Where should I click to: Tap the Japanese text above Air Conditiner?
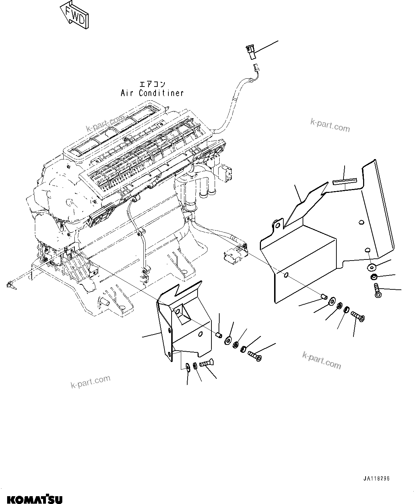(152, 84)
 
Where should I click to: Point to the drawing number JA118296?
(376, 479)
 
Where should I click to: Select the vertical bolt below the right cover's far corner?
(377, 290)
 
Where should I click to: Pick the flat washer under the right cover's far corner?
(371, 267)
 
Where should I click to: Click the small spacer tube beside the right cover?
(323, 296)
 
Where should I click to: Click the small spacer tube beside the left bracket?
(220, 335)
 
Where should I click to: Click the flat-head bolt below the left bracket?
(205, 363)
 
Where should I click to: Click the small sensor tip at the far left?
(10, 285)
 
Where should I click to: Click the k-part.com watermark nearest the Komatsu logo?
(90, 382)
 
